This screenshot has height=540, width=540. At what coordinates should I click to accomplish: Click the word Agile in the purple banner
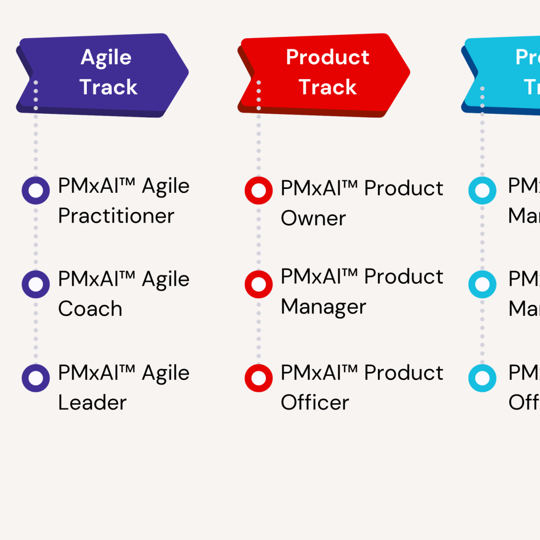click(106, 57)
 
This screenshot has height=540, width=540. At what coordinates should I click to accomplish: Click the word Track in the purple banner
click(108, 87)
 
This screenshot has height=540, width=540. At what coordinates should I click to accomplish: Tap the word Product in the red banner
click(327, 57)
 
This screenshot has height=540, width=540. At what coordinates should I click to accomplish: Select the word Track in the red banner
click(327, 87)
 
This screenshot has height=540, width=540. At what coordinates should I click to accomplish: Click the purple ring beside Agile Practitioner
click(36, 191)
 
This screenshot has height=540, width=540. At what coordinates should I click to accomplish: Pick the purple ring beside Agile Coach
click(36, 285)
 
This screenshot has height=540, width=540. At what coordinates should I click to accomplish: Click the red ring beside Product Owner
click(259, 191)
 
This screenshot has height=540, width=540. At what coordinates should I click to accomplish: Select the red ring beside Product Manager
click(259, 285)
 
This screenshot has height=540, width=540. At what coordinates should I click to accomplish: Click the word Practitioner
click(116, 216)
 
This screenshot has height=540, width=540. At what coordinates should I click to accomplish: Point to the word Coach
click(90, 309)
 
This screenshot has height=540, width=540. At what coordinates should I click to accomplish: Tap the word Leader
click(92, 403)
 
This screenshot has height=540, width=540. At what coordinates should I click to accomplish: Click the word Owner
click(313, 218)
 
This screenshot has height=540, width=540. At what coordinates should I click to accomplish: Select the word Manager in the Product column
click(323, 307)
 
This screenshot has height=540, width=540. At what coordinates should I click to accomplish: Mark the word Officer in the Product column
click(315, 403)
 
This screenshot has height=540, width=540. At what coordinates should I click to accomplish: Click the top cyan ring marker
click(482, 191)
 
